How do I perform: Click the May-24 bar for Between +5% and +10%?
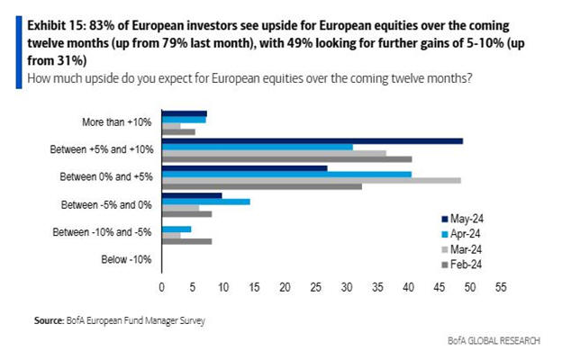click(312, 141)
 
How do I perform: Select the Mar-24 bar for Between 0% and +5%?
click(311, 180)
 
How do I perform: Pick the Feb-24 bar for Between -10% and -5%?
click(186, 241)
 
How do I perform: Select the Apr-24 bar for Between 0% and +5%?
click(286, 174)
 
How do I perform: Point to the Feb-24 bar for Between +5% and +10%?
click(286, 159)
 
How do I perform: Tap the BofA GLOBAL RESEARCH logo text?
click(494, 341)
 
